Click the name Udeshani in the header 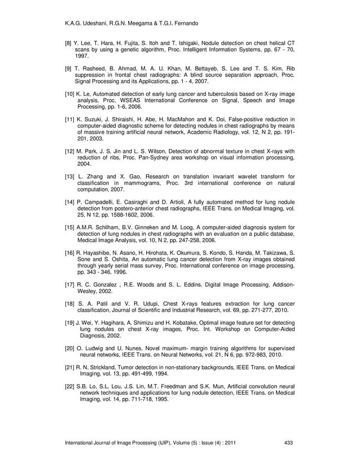(x=92, y=23)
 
